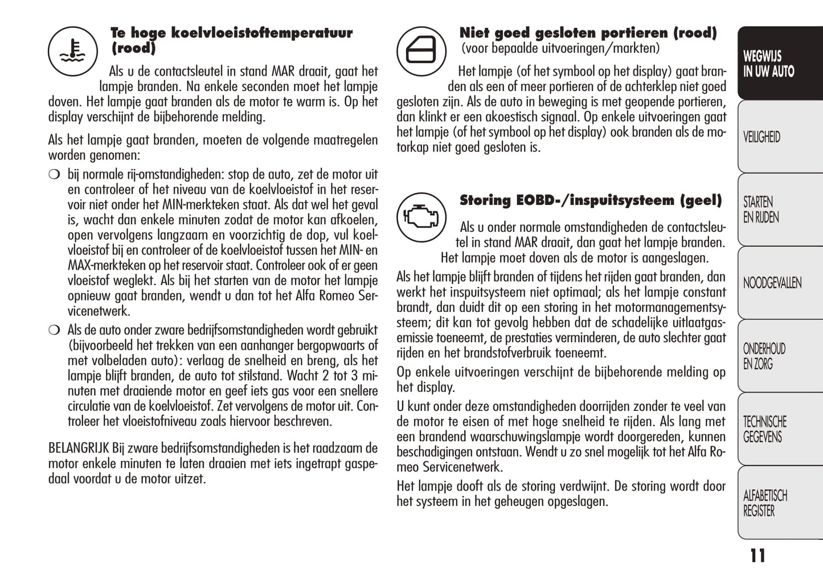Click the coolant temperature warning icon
[x=72, y=52]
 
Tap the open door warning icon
[x=421, y=51]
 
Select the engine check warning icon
[x=421, y=217]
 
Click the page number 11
[x=758, y=556]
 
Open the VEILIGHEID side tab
[x=779, y=137]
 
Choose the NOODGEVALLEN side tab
[x=779, y=283]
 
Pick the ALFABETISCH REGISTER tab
[x=779, y=503]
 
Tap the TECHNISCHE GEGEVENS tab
[x=779, y=430]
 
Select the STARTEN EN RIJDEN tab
[x=779, y=210]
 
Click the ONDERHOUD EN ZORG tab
[x=779, y=356]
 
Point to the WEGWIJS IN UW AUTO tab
[x=779, y=64]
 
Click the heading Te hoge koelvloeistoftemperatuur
[x=231, y=33]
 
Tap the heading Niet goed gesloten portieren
[x=587, y=33]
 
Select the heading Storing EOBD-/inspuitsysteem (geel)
[x=590, y=200]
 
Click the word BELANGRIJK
[x=78, y=449]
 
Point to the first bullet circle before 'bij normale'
[x=54, y=175]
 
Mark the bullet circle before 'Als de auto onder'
[x=54, y=330]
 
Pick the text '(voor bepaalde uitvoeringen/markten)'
[x=560, y=49]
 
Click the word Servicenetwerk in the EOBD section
[x=462, y=468]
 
